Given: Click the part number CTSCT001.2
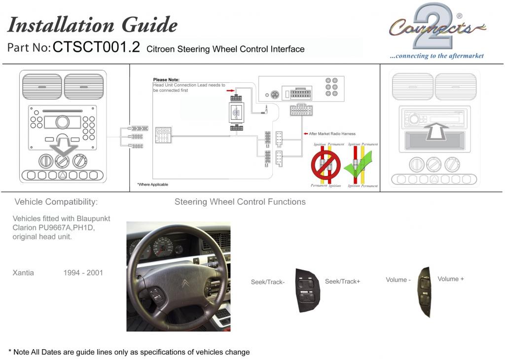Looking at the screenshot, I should pyautogui.click(x=96, y=47).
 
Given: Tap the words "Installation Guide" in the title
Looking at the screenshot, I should pyautogui.click(x=93, y=24).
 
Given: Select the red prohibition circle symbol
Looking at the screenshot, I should pyautogui.click(x=325, y=165).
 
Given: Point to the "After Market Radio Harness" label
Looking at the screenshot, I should pyautogui.click(x=332, y=134).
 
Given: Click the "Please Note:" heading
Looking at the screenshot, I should pyautogui.click(x=166, y=79).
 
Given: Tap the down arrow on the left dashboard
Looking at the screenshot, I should pyautogui.click(x=63, y=148).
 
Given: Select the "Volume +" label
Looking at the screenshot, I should pyautogui.click(x=450, y=279).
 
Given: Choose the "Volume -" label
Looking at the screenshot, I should pyautogui.click(x=398, y=280).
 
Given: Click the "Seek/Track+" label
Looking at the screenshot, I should pyautogui.click(x=342, y=282).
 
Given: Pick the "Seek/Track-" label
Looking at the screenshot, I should pyautogui.click(x=268, y=282).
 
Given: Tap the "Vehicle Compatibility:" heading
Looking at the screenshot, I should pyautogui.click(x=56, y=202).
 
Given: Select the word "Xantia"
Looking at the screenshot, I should pyautogui.click(x=23, y=273).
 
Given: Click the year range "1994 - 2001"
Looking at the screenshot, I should pyautogui.click(x=83, y=273).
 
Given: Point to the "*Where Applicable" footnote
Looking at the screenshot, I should pyautogui.click(x=152, y=184).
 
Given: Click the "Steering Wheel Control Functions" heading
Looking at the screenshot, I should pyautogui.click(x=240, y=202).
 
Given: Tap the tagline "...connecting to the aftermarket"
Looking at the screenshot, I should pyautogui.click(x=436, y=56).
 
